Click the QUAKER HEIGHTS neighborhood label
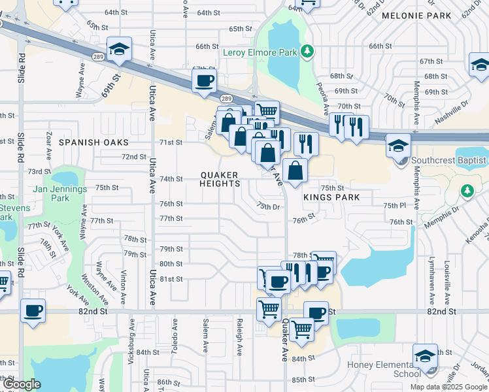point(220,180)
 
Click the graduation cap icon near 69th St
point(120,49)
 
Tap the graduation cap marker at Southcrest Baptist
point(397,145)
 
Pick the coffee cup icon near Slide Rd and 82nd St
point(32,310)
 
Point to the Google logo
point(22,385)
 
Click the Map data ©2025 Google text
point(448,386)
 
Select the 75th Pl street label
point(395,205)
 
